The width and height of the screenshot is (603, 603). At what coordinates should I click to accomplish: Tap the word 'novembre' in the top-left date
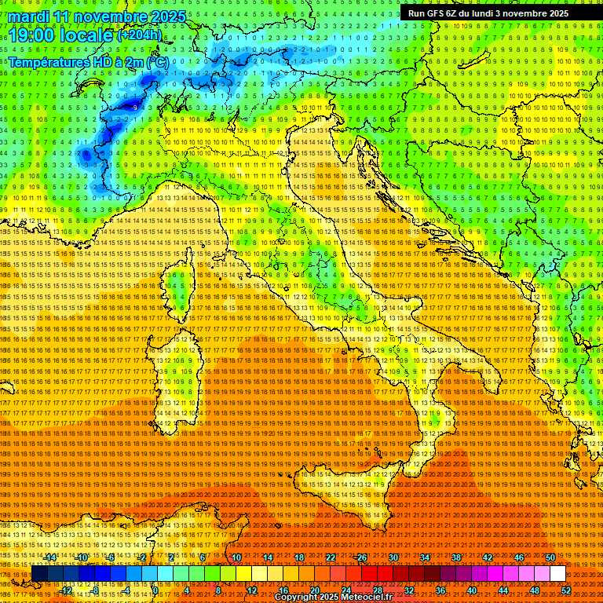[x=109, y=16]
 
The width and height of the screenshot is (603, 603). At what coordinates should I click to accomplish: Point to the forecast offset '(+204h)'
[x=140, y=35]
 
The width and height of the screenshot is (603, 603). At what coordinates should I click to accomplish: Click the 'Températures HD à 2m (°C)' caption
[x=88, y=61]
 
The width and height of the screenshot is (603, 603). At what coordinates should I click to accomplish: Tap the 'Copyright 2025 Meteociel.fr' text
[x=338, y=598]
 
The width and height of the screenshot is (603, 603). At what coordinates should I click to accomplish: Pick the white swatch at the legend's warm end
[x=557, y=574]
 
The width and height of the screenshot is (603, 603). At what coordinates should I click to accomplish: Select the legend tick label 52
[x=566, y=590]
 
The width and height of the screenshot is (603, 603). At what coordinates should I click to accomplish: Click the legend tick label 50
[x=550, y=557]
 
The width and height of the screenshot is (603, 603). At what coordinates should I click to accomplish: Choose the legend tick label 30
[x=393, y=557]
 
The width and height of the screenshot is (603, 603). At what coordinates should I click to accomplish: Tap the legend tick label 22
[x=330, y=557]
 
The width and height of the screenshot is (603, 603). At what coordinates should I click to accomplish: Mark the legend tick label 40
[x=471, y=590]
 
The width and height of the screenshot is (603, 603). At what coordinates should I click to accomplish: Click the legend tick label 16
[x=283, y=590]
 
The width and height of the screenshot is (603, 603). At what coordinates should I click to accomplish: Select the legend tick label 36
[x=440, y=590]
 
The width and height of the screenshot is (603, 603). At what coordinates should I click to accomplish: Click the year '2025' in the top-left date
[x=168, y=16]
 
